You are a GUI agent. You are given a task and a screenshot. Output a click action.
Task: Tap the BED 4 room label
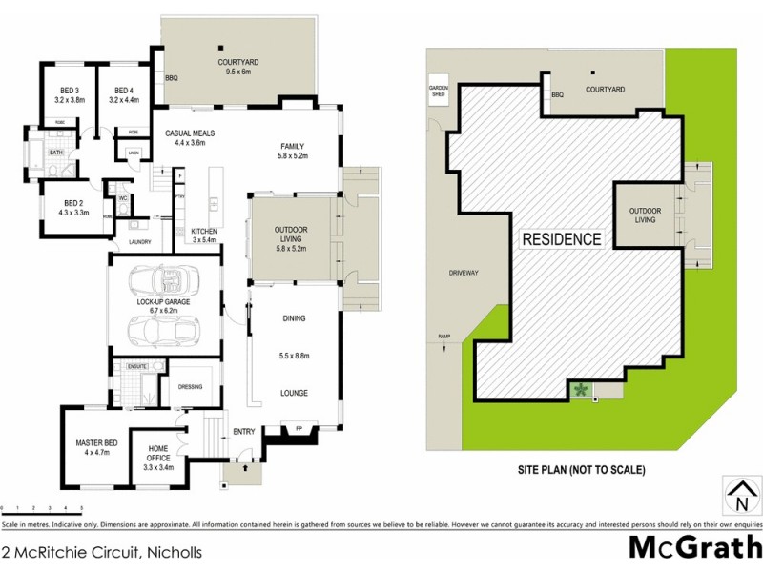point(124,94)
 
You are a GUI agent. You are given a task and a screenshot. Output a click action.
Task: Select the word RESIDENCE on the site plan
point(560,239)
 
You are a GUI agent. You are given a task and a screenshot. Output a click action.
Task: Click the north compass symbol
point(740,496)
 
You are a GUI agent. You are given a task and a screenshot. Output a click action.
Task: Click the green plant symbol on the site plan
point(579,389)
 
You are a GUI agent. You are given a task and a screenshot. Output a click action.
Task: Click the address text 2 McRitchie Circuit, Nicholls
point(101,551)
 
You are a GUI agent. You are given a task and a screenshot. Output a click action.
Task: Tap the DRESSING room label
point(192,387)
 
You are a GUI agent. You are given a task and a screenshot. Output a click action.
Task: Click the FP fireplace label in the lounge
point(299,428)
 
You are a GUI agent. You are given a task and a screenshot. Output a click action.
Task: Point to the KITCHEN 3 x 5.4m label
point(205,236)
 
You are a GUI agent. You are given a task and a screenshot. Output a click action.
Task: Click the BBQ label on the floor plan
point(172,77)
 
